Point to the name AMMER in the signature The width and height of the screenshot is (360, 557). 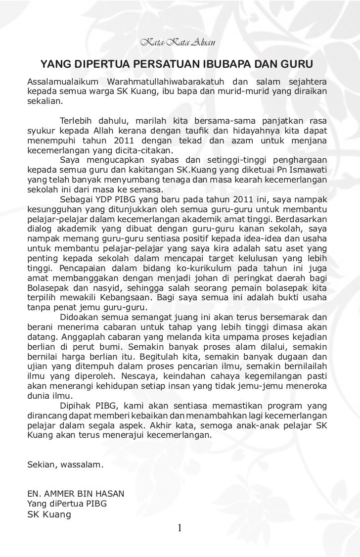(61, 494)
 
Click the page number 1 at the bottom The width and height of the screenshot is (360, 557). (180, 527)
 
